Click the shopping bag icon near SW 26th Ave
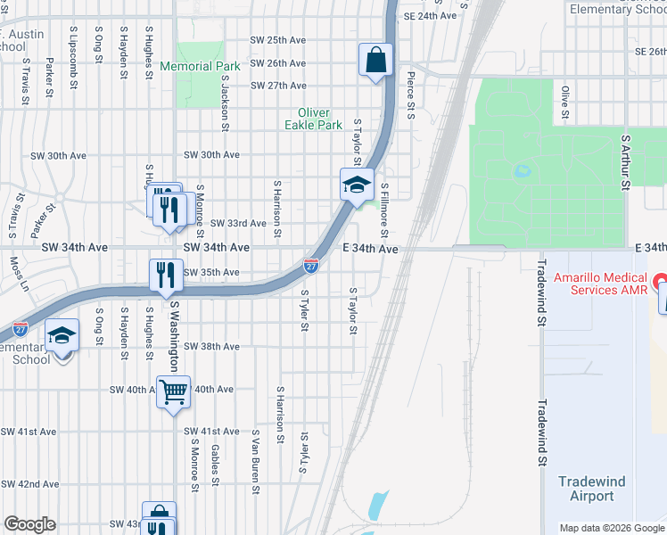click(x=376, y=61)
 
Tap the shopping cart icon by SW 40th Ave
click(x=173, y=391)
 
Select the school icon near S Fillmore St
click(x=357, y=185)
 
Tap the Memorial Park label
click(x=200, y=66)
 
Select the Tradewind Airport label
click(x=592, y=489)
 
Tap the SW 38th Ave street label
click(x=212, y=346)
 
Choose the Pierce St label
click(x=411, y=95)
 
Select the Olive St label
click(x=564, y=103)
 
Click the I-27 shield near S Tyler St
click(x=310, y=266)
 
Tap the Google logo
click(x=29, y=524)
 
